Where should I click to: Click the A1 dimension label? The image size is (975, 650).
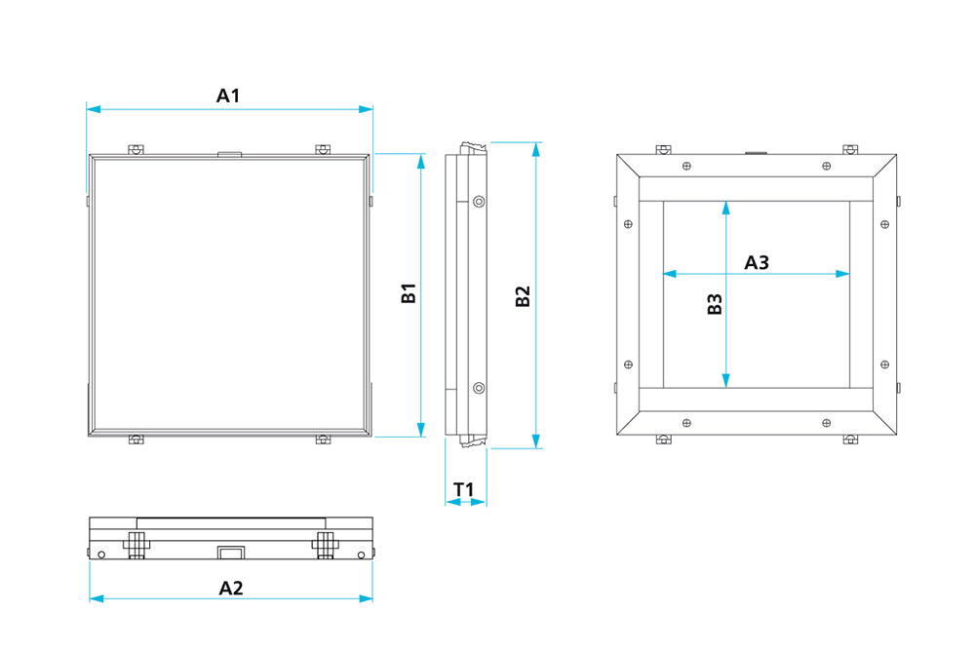pyautogui.click(x=227, y=96)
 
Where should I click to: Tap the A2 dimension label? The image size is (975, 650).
pyautogui.click(x=231, y=588)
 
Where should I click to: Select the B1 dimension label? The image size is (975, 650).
pyautogui.click(x=409, y=292)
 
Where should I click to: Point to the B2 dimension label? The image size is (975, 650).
pyautogui.click(x=523, y=296)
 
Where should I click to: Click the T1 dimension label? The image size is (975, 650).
pyautogui.click(x=464, y=489)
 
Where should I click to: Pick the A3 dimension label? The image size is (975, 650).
pyautogui.click(x=757, y=263)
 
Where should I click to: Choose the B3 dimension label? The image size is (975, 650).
pyautogui.click(x=715, y=304)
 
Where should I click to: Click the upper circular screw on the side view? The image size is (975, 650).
pyautogui.click(x=479, y=202)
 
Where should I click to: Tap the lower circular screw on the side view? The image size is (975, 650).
pyautogui.click(x=479, y=389)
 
